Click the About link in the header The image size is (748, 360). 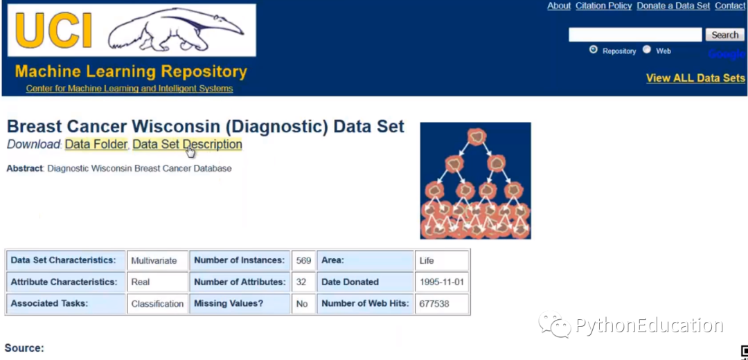[559, 6]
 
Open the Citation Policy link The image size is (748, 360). [603, 6]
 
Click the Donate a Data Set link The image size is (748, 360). [673, 6]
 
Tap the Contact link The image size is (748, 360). [730, 6]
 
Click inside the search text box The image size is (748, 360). [635, 35]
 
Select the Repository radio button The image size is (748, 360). [594, 50]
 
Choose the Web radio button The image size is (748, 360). [647, 50]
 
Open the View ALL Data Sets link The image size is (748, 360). [695, 78]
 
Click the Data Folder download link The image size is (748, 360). [96, 144]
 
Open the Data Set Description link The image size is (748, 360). [187, 144]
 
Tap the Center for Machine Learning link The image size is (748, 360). [130, 89]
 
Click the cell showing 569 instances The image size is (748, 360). [303, 260]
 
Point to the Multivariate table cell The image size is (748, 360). [154, 261]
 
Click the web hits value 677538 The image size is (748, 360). [434, 304]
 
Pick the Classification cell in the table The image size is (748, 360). [157, 304]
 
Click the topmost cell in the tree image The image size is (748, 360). [477, 136]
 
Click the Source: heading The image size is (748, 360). [24, 348]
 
